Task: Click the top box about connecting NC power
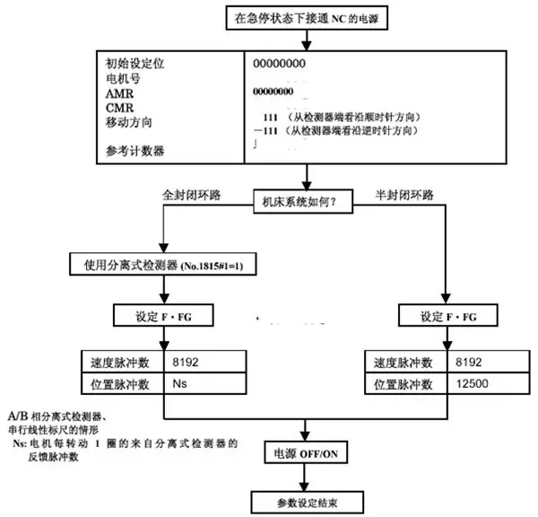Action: coord(304,17)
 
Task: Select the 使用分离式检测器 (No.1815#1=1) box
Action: coord(161,265)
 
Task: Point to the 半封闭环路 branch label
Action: coord(400,193)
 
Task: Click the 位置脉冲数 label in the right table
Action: coord(401,383)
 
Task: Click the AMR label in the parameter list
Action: coord(118,93)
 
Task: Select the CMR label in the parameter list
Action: coord(118,107)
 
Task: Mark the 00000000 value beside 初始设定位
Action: coord(280,64)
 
